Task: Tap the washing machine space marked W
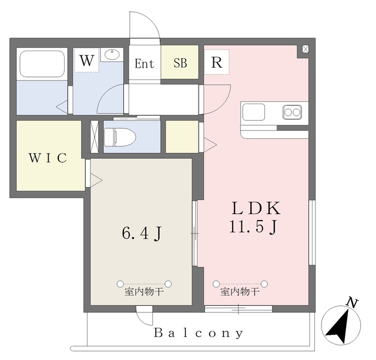click(86, 60)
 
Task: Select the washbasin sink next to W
click(112, 54)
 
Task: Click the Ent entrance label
click(144, 64)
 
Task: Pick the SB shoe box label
click(180, 63)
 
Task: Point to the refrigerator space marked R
click(217, 62)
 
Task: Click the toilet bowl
click(120, 137)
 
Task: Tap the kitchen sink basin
click(254, 112)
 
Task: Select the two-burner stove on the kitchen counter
click(292, 112)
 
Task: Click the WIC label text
click(48, 158)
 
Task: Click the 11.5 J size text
click(253, 227)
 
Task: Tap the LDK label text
click(256, 208)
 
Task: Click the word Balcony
click(199, 333)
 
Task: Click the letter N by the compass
click(352, 302)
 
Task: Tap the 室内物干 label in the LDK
click(240, 292)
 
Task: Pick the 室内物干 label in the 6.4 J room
click(144, 292)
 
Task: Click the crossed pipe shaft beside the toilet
click(94, 136)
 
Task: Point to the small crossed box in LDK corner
click(305, 49)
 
